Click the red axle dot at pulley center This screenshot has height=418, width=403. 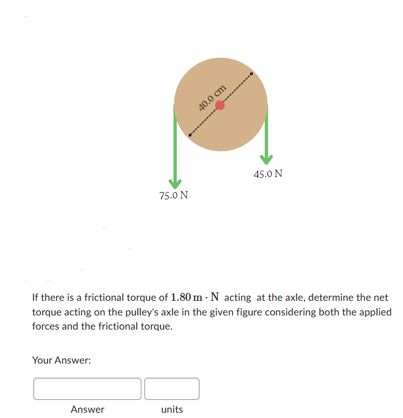[x=220, y=105]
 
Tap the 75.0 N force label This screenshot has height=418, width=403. [x=173, y=196]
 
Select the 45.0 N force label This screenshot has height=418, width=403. [x=268, y=173]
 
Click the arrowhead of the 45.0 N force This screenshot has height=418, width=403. [x=267, y=157]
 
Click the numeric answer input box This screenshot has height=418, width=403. [x=87, y=389]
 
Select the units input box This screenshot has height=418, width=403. [x=172, y=389]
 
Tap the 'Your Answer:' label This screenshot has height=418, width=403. [x=62, y=360]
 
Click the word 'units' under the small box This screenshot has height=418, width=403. [x=172, y=410]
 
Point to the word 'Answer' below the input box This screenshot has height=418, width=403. [x=87, y=410]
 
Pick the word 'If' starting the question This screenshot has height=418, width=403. [x=35, y=298]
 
